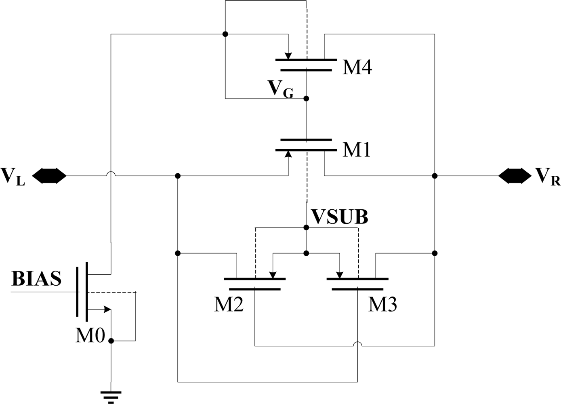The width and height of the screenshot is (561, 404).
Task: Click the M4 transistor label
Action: point(357,67)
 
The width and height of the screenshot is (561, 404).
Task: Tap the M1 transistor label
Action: point(356,150)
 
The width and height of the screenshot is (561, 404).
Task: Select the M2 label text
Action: point(229,305)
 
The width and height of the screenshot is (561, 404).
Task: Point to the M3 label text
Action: point(382,305)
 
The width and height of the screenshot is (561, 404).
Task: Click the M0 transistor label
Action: point(90,336)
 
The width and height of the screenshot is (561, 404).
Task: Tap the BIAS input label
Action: point(37,279)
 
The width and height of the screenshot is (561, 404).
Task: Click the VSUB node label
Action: point(340,217)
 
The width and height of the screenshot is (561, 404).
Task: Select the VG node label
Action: point(280,88)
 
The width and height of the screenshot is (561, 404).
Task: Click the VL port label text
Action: point(13,177)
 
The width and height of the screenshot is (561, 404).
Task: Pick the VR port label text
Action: point(548,177)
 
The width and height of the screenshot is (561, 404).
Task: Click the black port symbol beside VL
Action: point(49,176)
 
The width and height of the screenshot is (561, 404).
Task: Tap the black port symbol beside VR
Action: point(515,176)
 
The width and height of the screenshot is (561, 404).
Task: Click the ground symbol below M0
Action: point(111,396)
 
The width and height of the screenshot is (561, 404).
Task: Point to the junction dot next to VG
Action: point(306,98)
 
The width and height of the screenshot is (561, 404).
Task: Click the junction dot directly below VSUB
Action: point(306,228)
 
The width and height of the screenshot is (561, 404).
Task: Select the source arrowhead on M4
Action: point(288,55)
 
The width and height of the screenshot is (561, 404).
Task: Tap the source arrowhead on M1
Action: point(288,154)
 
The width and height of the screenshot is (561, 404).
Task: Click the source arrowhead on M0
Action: point(107,310)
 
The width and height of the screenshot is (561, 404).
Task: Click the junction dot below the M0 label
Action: point(111,341)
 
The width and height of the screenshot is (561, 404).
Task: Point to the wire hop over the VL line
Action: point(111,174)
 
